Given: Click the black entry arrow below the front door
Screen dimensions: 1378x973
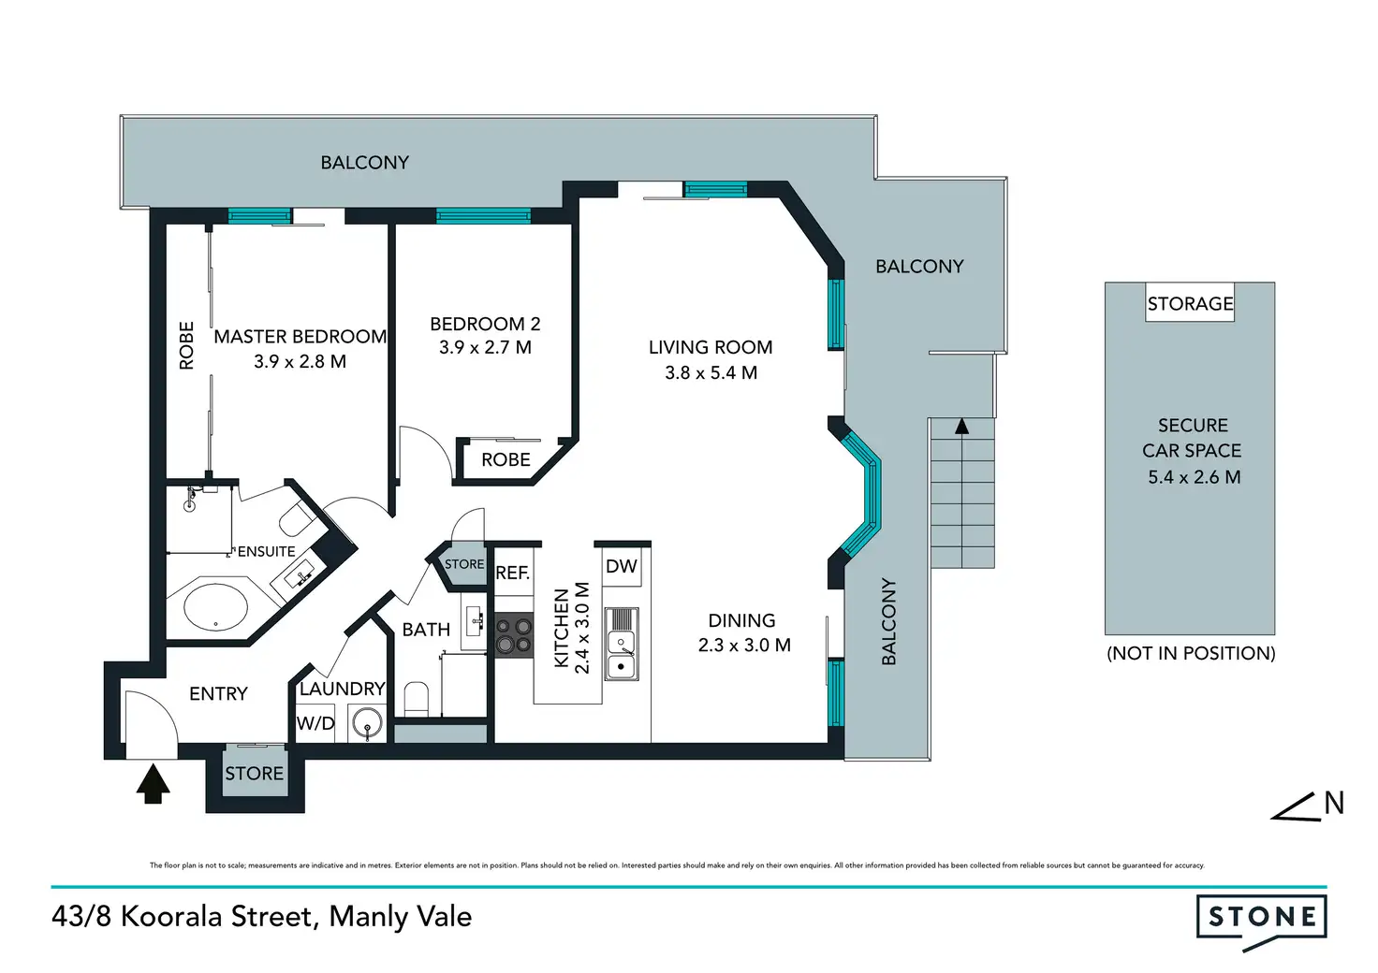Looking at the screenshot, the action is click(x=153, y=783).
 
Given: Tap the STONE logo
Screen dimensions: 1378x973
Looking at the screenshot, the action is click(x=1261, y=918).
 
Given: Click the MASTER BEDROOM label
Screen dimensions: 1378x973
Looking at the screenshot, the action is click(x=300, y=337).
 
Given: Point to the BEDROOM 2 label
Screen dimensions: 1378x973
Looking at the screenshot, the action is click(x=485, y=324).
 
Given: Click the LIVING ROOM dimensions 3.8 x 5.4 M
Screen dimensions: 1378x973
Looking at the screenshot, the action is click(x=711, y=372).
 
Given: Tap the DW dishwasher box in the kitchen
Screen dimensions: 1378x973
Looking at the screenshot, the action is click(x=622, y=566).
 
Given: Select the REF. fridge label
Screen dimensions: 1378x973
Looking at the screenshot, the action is click(x=512, y=573).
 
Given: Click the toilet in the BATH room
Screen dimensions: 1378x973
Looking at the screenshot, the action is click(x=416, y=699).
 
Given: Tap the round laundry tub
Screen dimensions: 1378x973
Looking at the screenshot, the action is click(x=366, y=723).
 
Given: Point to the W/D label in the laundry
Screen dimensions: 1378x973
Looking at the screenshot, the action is click(x=315, y=723).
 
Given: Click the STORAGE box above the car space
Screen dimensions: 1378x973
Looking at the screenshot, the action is click(x=1190, y=303).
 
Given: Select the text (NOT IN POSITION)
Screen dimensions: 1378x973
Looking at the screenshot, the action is click(x=1191, y=653).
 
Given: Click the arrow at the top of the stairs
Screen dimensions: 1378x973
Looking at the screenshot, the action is click(x=961, y=427).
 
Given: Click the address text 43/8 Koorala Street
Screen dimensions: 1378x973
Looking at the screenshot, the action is click(x=183, y=916).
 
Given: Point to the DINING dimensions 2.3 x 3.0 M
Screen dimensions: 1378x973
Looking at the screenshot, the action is click(x=744, y=646).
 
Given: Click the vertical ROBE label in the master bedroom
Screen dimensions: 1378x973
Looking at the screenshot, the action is click(x=186, y=345).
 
